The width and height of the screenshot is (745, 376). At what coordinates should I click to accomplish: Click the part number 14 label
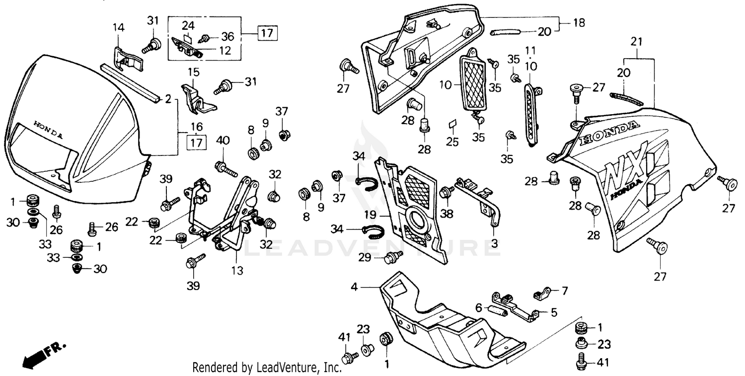point(118,27)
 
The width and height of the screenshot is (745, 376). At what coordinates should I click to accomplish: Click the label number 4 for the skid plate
point(354,287)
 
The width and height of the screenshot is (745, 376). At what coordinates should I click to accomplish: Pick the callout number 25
point(452,142)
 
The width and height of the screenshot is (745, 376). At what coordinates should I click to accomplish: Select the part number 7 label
point(564,290)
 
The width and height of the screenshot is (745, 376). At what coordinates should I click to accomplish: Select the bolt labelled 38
point(445,190)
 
